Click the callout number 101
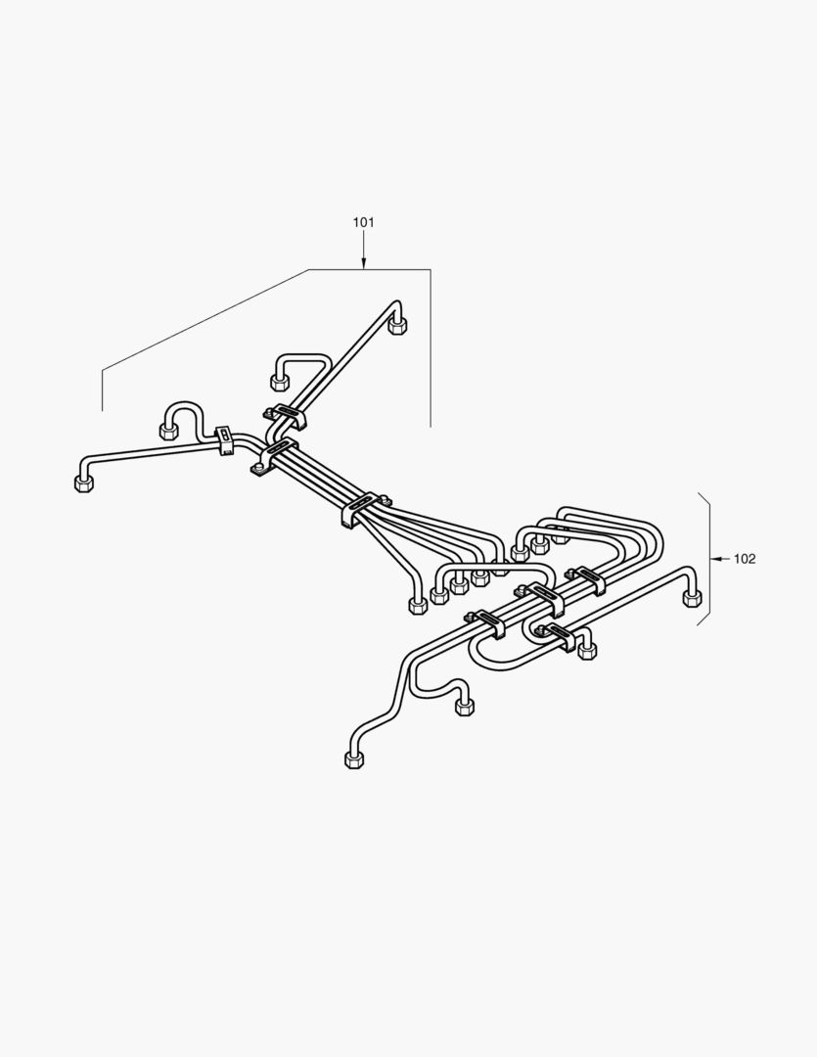point(363,222)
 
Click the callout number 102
point(745,558)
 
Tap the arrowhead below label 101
point(363,263)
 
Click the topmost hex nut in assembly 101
point(398,326)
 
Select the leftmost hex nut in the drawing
point(83,484)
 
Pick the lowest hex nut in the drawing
point(354,759)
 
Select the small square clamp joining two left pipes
point(223,438)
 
